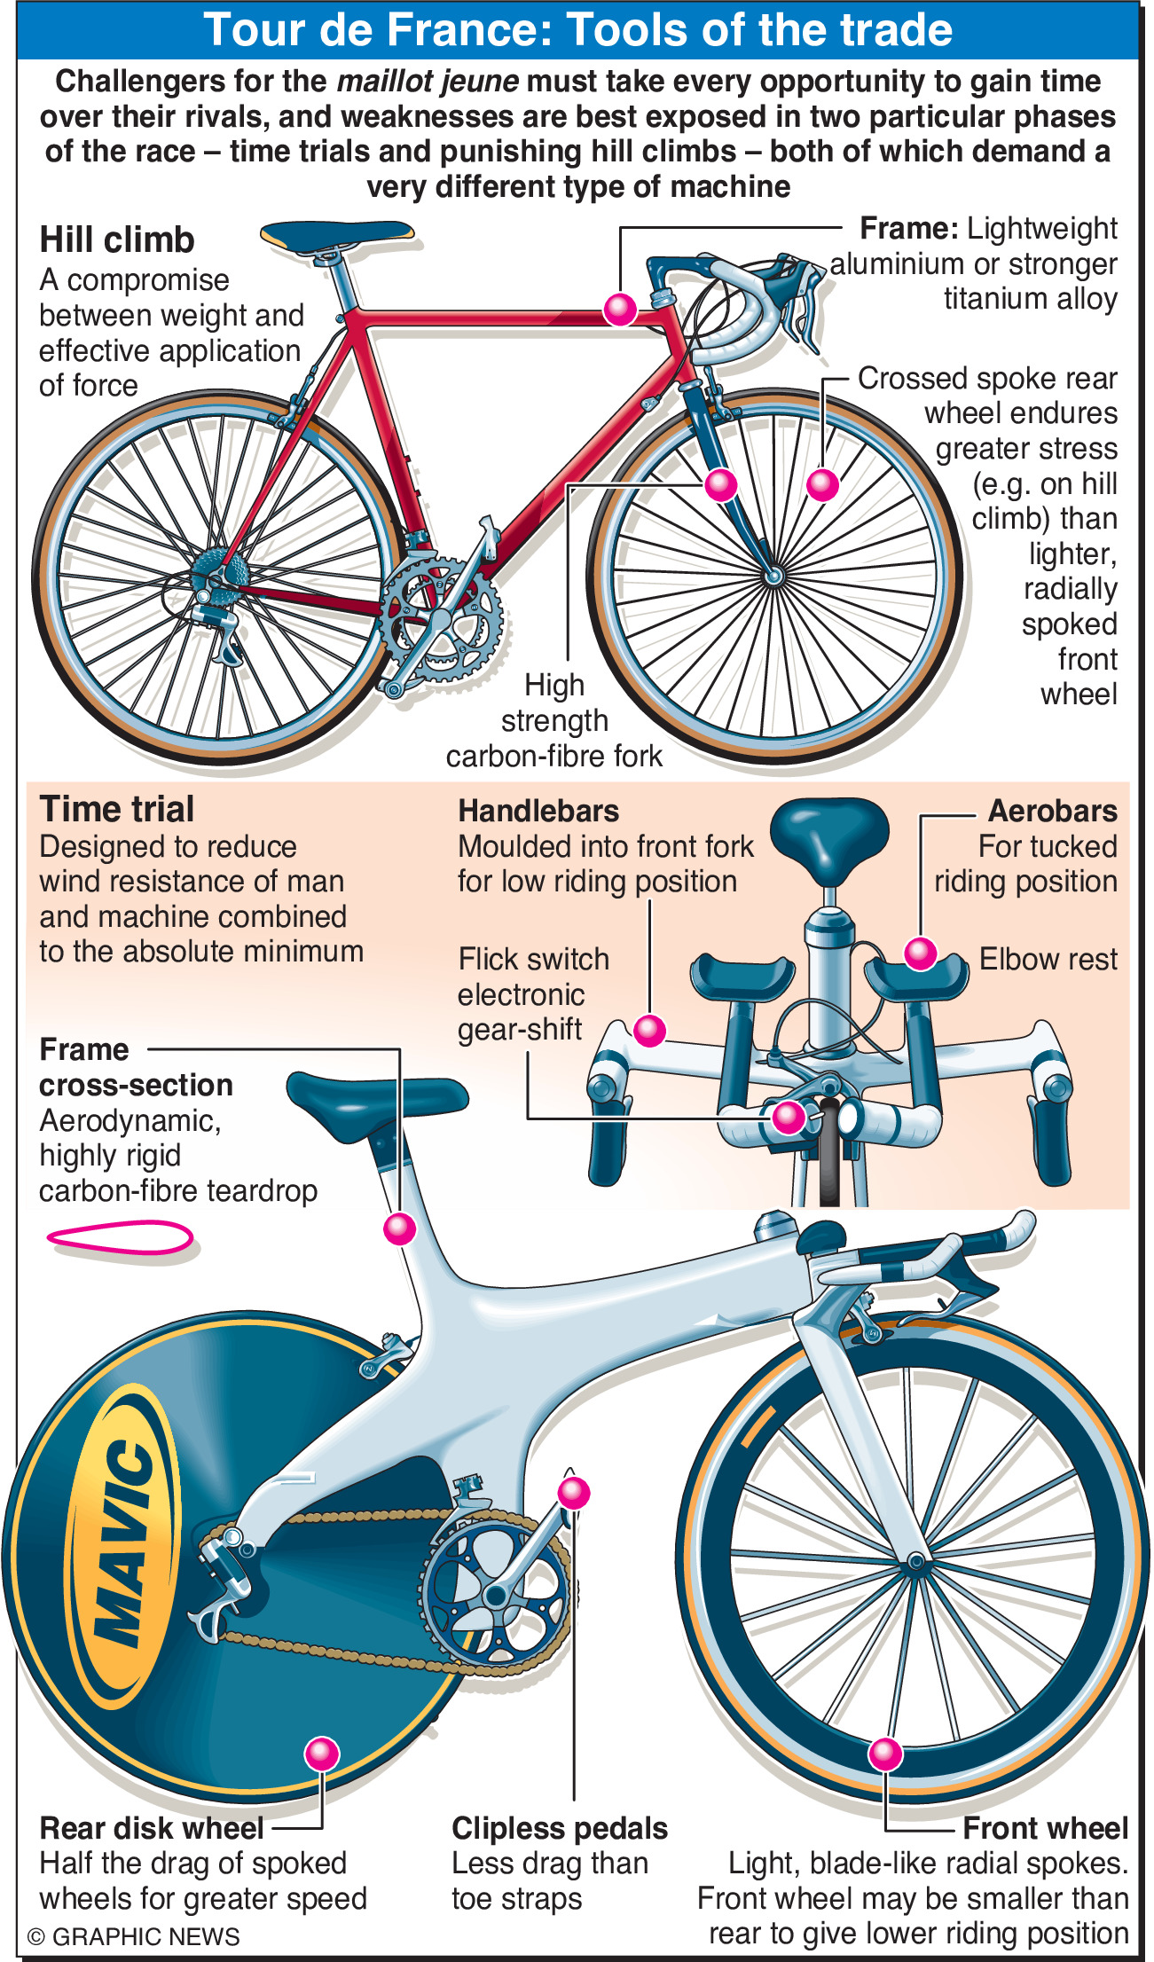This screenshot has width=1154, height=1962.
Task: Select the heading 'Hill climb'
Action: (117, 240)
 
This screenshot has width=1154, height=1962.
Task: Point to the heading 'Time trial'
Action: (117, 809)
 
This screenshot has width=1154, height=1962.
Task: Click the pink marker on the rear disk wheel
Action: (321, 1754)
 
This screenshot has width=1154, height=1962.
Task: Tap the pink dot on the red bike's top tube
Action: (620, 309)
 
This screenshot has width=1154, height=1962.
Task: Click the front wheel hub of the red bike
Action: (773, 577)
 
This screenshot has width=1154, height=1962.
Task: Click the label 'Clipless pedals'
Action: (559, 1828)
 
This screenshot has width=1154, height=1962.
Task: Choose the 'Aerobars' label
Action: (1052, 811)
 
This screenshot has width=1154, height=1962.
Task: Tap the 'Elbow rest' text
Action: (1048, 959)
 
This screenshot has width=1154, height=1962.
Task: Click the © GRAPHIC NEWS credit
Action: (134, 1936)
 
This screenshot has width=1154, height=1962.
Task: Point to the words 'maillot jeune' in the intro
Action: (428, 82)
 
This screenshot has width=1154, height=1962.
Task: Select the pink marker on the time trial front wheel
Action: (884, 1754)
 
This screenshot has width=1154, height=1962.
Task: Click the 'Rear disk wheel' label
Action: (152, 1828)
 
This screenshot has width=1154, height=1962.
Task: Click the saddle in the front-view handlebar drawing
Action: (828, 829)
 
